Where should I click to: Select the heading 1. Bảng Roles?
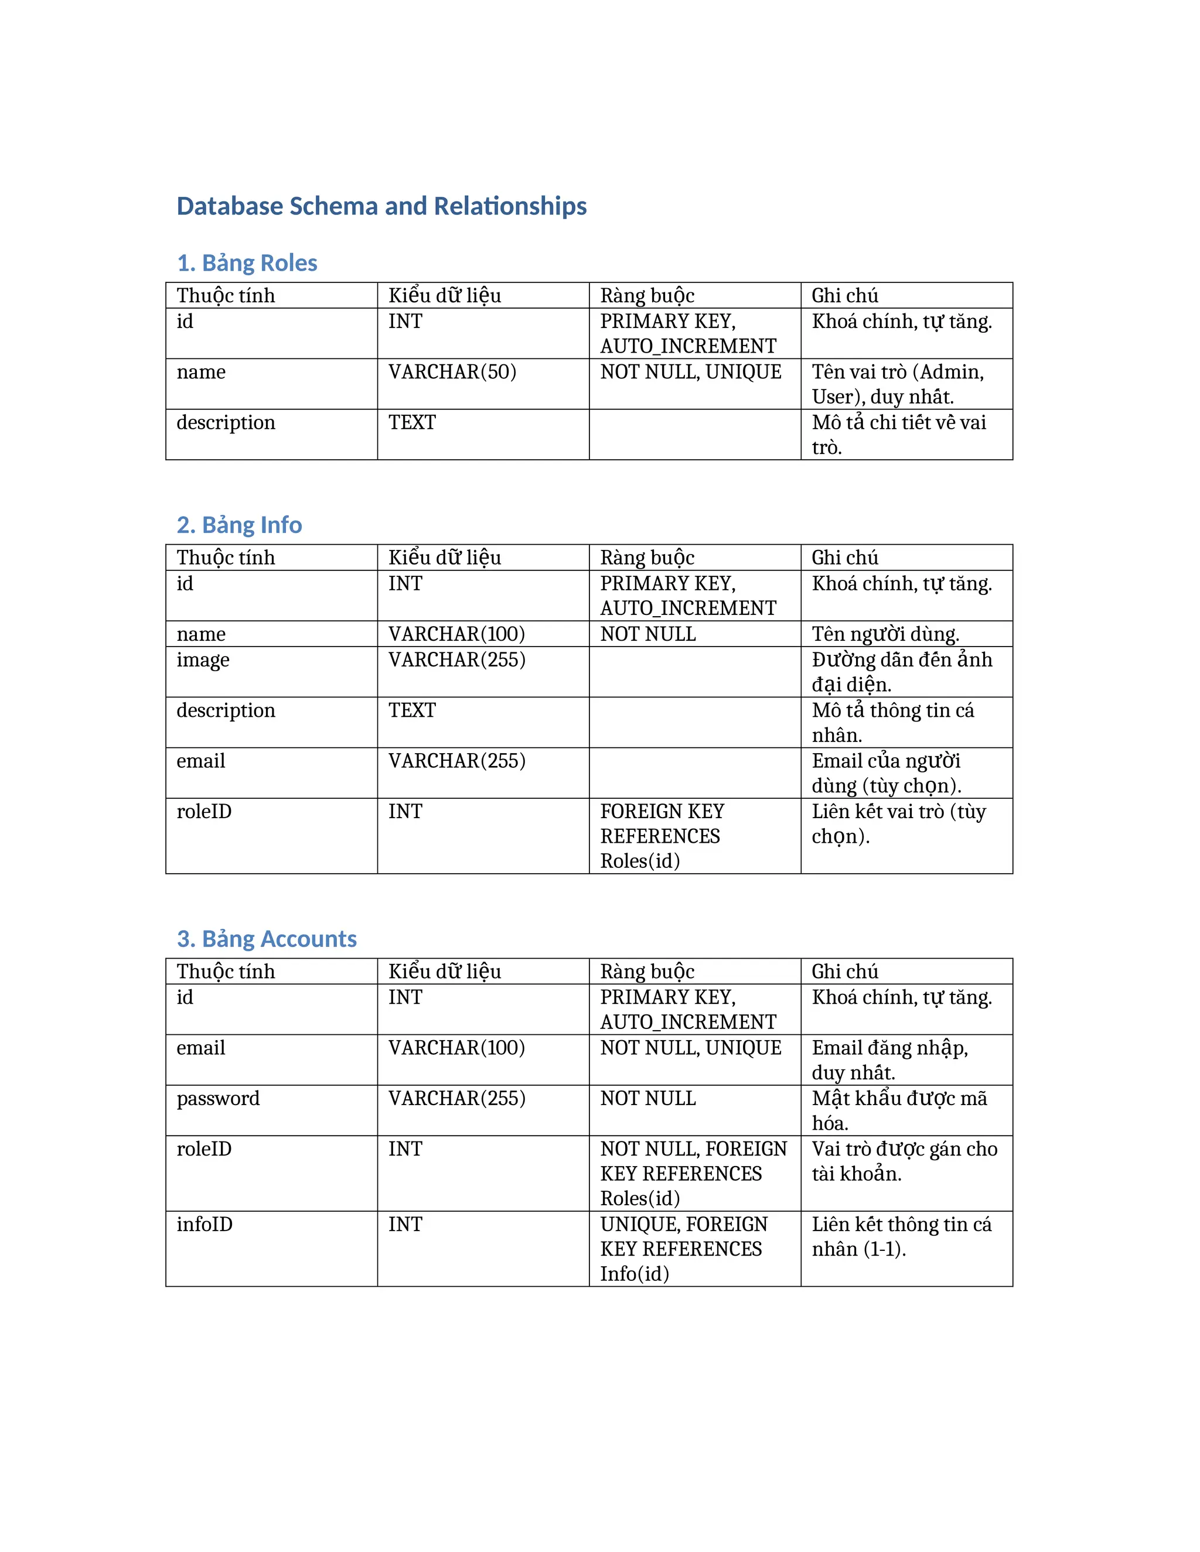pos(247,263)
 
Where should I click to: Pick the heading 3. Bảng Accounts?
pos(267,939)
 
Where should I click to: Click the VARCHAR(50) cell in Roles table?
pos(452,372)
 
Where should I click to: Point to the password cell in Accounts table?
pos(218,1098)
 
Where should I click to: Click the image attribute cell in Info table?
pos(203,659)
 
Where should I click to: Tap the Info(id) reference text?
pos(634,1273)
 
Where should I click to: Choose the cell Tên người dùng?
pos(885,634)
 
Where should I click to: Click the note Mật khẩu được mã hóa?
pos(899,1110)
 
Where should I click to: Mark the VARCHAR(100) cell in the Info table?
pos(456,634)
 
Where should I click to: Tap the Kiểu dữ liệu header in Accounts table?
pos(444,972)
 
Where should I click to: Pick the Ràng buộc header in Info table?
pos(647,557)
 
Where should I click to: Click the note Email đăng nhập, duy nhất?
pos(889,1059)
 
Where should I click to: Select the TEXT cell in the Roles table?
pos(411,422)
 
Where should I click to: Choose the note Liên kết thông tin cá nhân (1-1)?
pos(901,1236)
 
